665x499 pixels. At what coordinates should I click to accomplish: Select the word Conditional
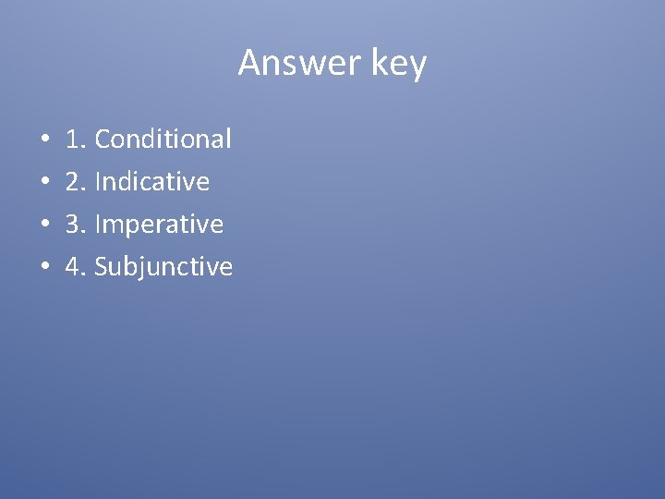coord(163,140)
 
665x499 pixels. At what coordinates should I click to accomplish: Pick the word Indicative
coord(152,182)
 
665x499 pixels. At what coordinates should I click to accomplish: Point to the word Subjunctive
coord(163,268)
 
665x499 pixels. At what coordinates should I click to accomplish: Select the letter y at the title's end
coord(417,68)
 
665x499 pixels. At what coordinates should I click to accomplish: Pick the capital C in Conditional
coord(103,140)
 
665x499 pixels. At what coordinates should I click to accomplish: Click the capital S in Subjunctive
coord(102,267)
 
